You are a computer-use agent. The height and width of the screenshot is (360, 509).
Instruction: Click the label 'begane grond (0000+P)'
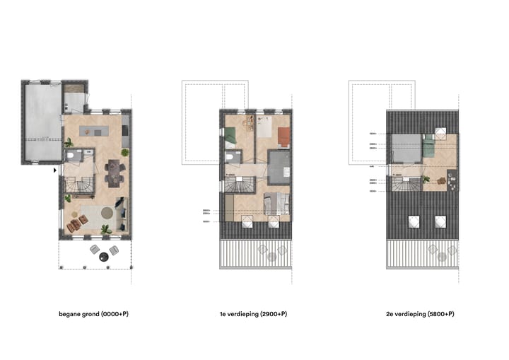(x=93, y=313)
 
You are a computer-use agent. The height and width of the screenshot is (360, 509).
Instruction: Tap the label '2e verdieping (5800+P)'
(x=419, y=313)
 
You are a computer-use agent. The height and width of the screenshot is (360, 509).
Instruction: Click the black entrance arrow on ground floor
(x=55, y=170)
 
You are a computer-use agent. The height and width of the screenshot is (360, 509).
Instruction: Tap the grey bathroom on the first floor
(x=279, y=168)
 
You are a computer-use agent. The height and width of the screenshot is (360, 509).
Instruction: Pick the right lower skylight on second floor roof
(x=440, y=221)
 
